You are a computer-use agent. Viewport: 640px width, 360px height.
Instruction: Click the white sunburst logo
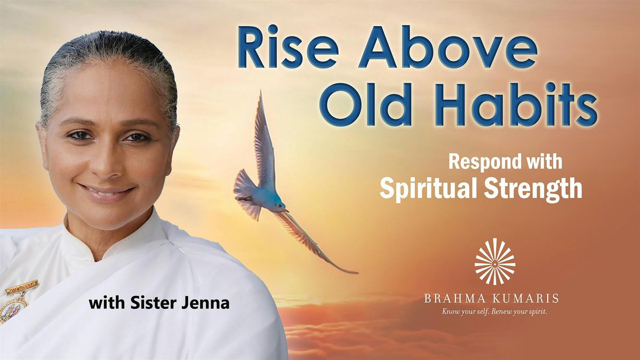(494, 261)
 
